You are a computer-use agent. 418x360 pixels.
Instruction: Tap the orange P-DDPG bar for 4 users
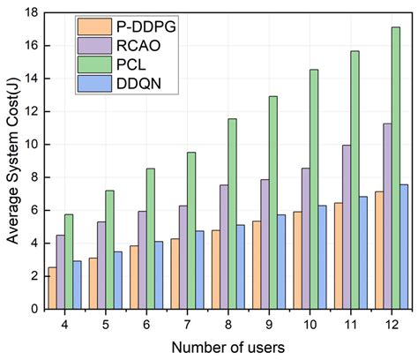(52, 289)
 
